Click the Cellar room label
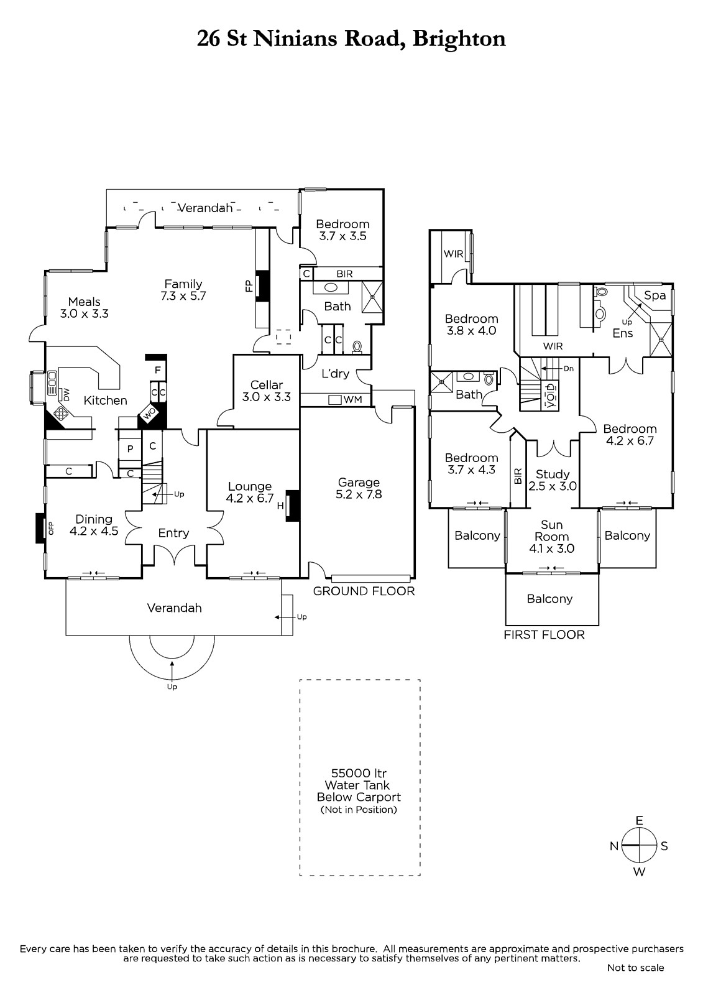click(x=267, y=385)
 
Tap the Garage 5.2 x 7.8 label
click(x=359, y=488)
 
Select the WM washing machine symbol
click(x=335, y=400)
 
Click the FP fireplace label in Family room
click(x=249, y=285)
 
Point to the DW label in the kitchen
click(x=67, y=394)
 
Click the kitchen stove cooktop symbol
click(x=60, y=414)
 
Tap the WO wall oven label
click(x=149, y=414)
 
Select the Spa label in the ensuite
click(x=655, y=295)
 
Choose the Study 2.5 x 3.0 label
click(x=553, y=480)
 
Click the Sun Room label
click(x=551, y=531)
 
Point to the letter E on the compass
click(x=639, y=820)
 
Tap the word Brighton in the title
click(x=459, y=39)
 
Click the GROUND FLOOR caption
click(x=364, y=591)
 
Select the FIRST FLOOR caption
click(x=544, y=635)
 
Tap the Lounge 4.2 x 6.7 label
click(x=250, y=492)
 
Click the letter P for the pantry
click(x=130, y=448)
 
